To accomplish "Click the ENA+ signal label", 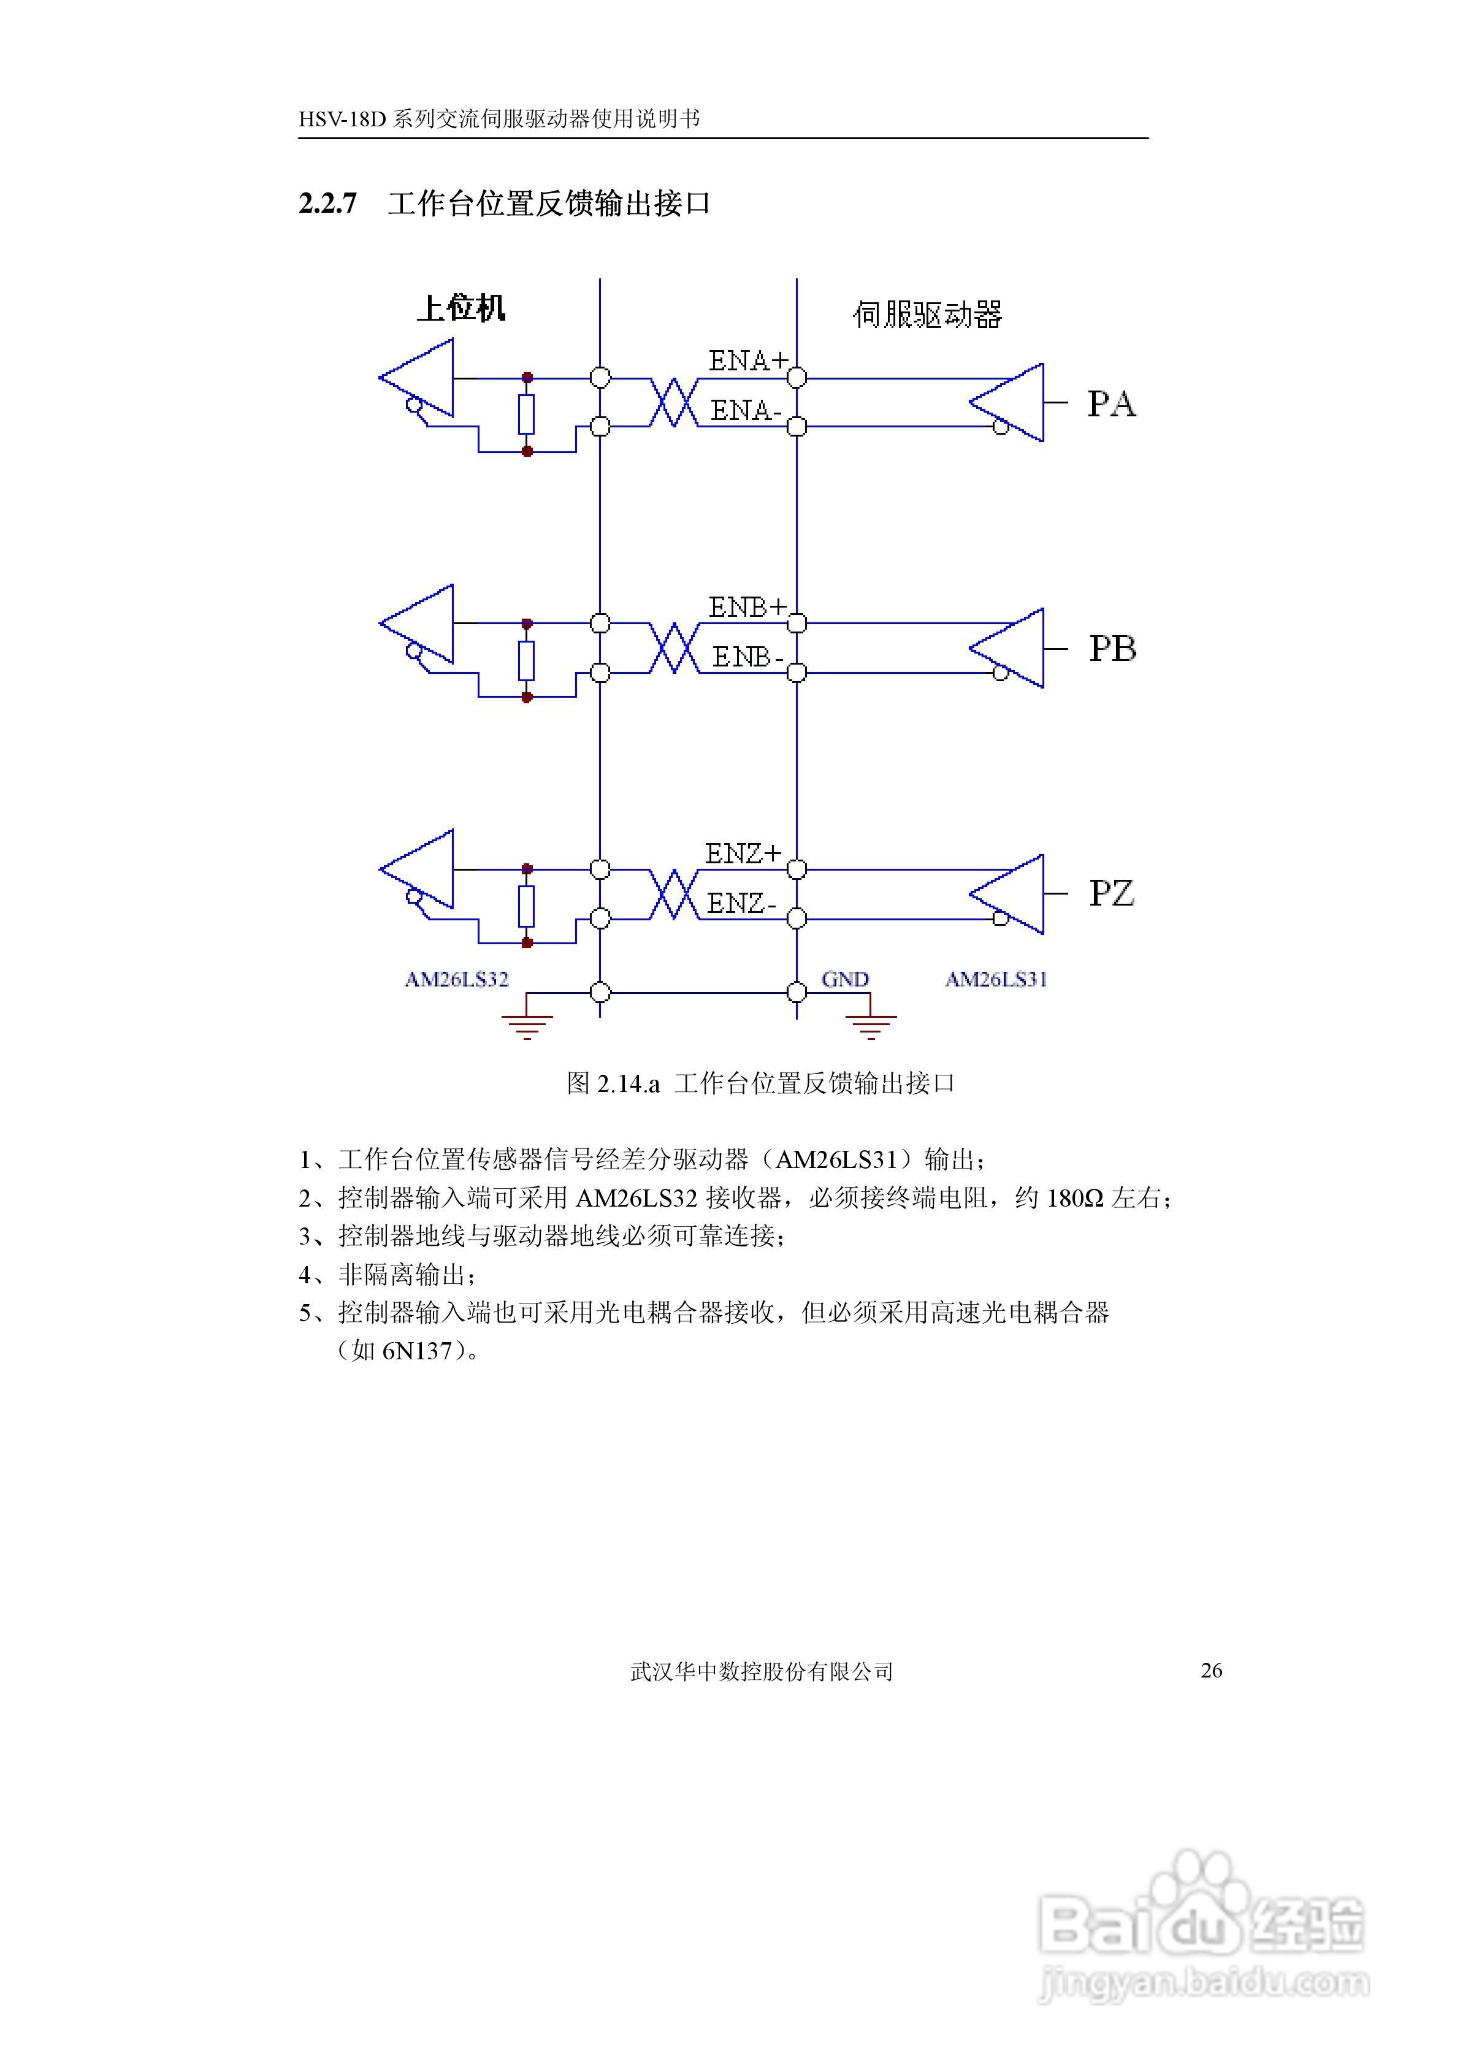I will [x=747, y=361].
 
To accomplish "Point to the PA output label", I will [x=1111, y=404].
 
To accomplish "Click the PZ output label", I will [x=1111, y=893].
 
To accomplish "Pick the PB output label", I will [x=1112, y=649].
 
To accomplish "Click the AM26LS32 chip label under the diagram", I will [x=456, y=979].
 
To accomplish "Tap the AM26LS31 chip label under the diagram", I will [x=996, y=979].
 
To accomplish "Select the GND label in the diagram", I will [x=845, y=979].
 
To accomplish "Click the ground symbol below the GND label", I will [x=870, y=1025].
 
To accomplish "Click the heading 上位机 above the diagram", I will [x=461, y=308].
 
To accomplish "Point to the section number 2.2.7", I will [x=327, y=204].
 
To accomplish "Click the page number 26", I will [x=1211, y=1670].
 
